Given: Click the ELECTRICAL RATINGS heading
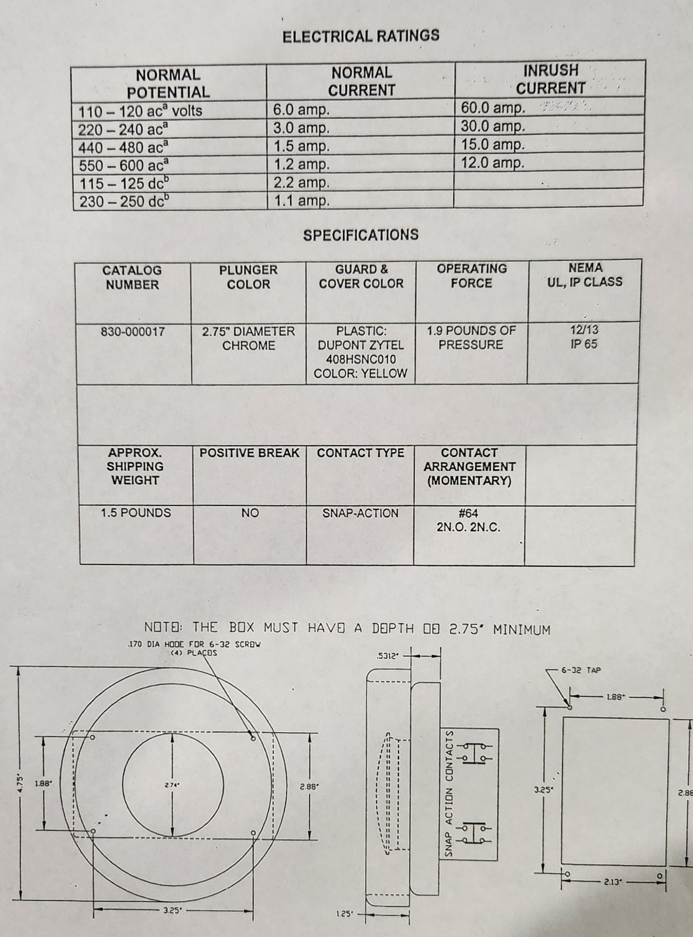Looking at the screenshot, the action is coord(361,36).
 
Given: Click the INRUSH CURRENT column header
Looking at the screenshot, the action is coord(550,79).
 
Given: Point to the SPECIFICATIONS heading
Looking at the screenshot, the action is coord(361,235).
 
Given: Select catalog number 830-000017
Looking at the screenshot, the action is coord(133,331).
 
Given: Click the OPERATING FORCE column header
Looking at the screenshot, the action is coord(471,276).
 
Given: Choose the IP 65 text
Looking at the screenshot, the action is coord(584,344).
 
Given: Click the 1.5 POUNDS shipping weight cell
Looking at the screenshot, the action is coord(136,513).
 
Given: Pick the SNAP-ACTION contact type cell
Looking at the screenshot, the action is coord(360,513).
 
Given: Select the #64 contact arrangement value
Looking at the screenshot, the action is coord(468,513).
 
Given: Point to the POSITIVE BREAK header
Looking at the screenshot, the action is coord(249,453).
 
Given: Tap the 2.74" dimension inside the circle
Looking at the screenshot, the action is coord(172,785).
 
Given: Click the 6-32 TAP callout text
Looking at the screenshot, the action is coord(581,670).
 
